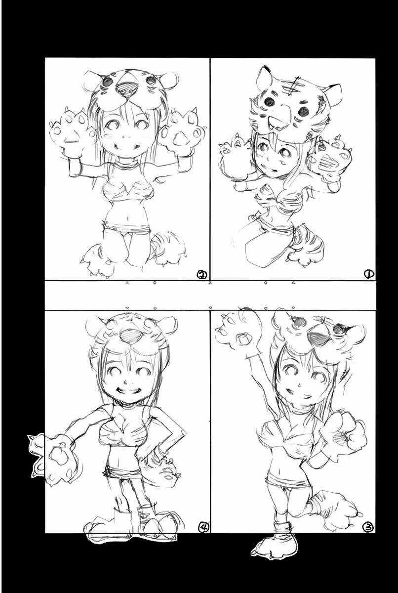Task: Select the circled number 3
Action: tap(368, 527)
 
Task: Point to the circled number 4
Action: tap(203, 527)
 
